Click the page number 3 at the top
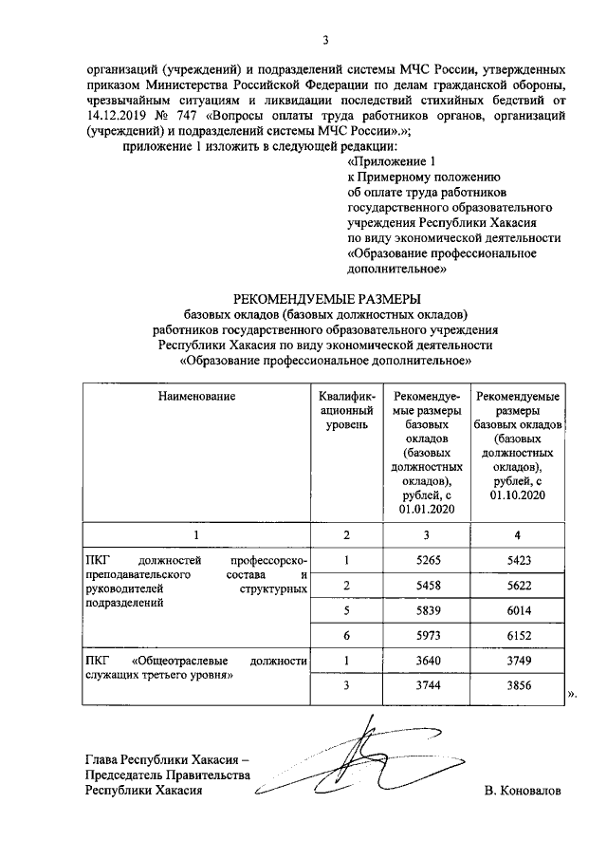pos(325,39)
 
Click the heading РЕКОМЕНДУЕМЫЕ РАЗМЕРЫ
pos(326,301)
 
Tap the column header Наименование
pos(196,396)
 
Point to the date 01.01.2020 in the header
pos(428,510)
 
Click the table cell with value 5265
pos(428,560)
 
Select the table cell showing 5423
pos(517,560)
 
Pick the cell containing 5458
pos(428,587)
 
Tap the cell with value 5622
pos(517,587)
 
